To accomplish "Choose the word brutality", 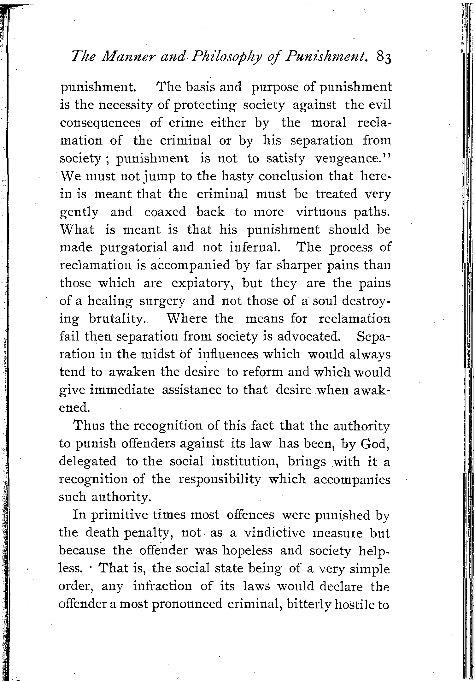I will point(116,319).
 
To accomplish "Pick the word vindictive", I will point(275,533).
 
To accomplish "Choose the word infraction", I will point(162,586).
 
